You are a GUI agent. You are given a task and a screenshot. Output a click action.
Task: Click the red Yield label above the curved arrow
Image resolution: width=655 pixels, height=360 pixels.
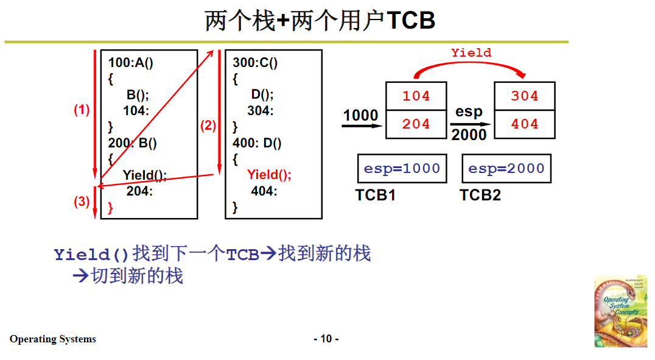coord(471,53)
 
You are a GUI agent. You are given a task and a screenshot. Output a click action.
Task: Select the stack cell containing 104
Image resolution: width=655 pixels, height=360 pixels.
coord(416,96)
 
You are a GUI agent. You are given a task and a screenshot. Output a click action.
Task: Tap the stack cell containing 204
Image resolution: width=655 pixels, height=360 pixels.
coord(416,124)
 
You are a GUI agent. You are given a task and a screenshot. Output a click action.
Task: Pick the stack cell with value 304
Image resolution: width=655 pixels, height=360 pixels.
coord(525,96)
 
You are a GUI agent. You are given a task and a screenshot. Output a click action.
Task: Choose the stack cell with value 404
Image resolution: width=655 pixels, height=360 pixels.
coord(525,124)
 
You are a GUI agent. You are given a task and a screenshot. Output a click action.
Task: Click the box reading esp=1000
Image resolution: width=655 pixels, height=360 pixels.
coord(402,169)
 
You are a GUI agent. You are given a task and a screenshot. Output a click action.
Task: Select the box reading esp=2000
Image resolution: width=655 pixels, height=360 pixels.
coord(506,169)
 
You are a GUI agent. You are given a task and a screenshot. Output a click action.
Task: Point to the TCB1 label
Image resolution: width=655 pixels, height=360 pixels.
coord(376,196)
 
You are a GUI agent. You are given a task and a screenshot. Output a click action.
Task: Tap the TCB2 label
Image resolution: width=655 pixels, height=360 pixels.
coord(480,196)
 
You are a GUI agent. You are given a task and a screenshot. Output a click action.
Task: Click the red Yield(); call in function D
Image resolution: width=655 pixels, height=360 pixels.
coord(269,175)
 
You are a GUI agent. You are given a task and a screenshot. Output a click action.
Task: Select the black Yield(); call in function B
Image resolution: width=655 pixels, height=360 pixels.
coord(145,175)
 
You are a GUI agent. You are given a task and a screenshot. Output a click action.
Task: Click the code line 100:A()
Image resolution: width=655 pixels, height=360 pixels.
coord(131,63)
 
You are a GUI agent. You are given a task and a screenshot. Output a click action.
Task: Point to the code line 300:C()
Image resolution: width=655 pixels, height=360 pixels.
coord(255,63)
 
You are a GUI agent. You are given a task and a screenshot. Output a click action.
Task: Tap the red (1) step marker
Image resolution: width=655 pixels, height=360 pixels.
coord(82,110)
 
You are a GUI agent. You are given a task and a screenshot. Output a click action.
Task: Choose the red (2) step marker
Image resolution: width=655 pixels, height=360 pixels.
coord(208,126)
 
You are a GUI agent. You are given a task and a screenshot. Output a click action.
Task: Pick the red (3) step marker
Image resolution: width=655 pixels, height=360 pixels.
coord(82,202)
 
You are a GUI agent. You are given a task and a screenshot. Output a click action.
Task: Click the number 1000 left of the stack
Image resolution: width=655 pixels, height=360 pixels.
coord(360,115)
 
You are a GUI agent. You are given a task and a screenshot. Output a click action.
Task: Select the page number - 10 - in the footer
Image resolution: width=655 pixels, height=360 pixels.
coord(326,339)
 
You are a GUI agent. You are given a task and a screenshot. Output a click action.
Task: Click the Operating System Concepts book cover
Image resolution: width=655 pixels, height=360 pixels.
coord(620,311)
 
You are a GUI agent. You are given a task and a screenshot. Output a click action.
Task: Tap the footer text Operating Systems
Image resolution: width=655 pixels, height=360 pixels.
coord(53,339)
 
